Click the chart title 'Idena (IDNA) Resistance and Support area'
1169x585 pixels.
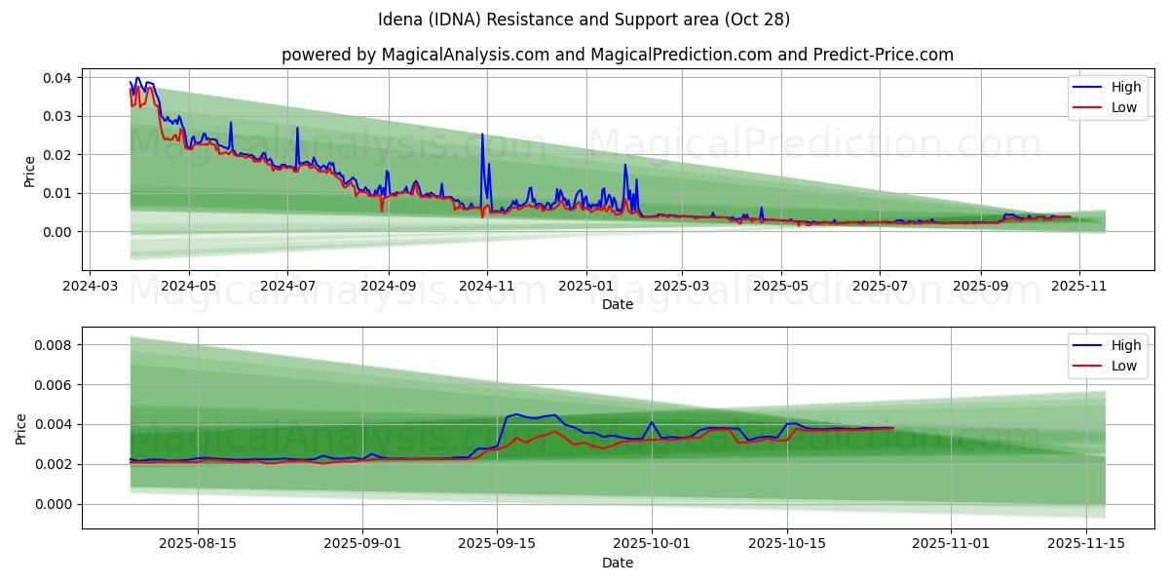pos(584,19)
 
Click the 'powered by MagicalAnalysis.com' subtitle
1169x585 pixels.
pos(618,55)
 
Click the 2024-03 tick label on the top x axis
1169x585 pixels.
pos(91,287)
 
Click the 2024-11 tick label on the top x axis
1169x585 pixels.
pos(486,287)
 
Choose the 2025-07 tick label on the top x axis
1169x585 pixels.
pos(880,287)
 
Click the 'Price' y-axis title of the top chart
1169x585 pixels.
pos(30,171)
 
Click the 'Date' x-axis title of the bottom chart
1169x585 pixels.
pos(618,563)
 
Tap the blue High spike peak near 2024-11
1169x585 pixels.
pos(482,135)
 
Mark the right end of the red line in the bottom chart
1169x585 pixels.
pos(892,428)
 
